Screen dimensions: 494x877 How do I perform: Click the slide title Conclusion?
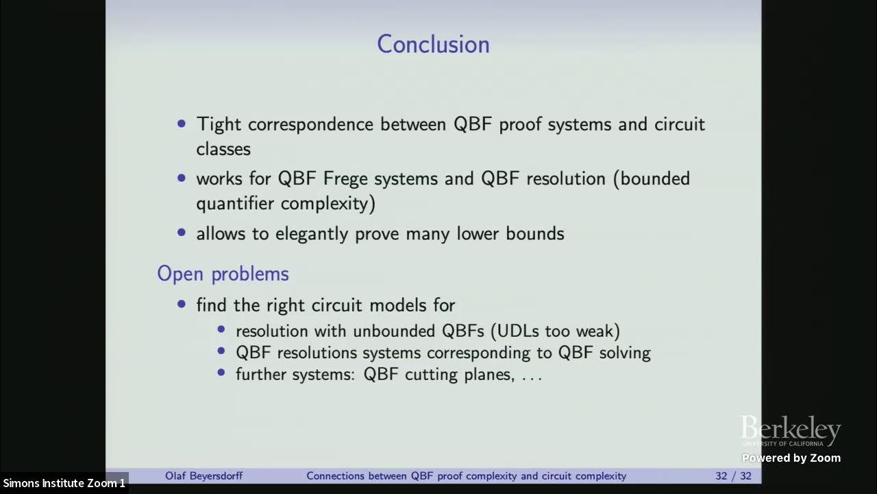pos(433,45)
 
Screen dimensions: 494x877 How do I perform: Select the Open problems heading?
pos(223,274)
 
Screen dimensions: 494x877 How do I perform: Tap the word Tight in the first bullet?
pos(219,124)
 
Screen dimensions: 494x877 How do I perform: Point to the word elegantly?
pos(312,234)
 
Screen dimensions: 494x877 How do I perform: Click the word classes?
pos(223,149)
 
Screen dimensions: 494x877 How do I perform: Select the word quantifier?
pos(235,204)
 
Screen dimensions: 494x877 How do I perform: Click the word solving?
pos(624,353)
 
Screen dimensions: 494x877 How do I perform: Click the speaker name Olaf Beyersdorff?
pos(203,475)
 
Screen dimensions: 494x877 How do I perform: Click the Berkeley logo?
pos(790,431)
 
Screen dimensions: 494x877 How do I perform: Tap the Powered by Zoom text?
pos(791,458)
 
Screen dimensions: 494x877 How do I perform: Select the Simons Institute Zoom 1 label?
pos(64,483)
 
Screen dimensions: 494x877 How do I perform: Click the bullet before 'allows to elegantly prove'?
pos(182,233)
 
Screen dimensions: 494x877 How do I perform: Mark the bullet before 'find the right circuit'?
pos(182,304)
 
